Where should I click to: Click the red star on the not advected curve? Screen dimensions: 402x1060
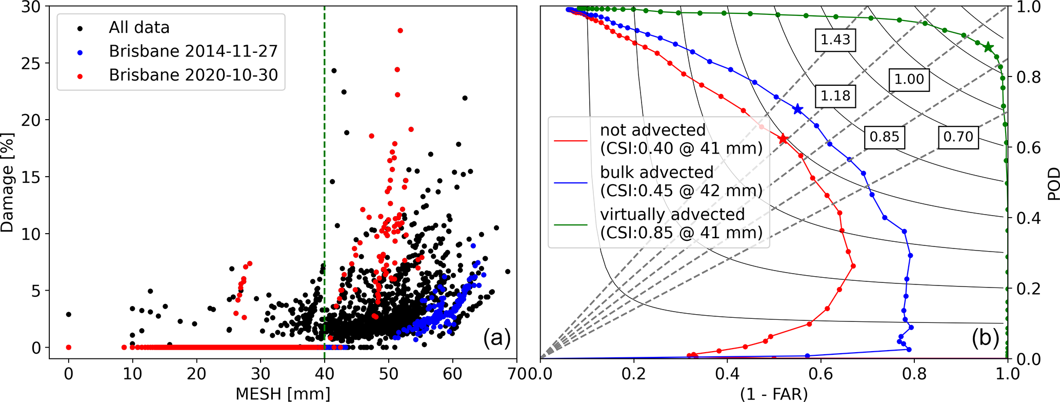point(783,139)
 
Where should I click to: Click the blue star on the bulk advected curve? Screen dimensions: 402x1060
point(797,109)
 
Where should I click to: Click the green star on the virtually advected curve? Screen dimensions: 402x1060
point(988,47)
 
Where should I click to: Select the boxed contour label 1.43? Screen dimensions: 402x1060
point(835,40)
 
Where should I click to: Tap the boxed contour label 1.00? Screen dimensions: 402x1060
point(909,80)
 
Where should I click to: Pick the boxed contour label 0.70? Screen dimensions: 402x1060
point(958,137)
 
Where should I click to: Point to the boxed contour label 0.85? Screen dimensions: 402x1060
point(885,137)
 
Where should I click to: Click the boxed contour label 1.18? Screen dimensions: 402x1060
point(835,96)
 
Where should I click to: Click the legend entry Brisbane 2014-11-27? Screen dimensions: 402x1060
point(193,51)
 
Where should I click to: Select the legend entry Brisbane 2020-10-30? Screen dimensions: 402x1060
point(193,75)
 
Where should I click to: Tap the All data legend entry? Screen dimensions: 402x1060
point(139,28)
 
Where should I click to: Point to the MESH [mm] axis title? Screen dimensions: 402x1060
point(283,394)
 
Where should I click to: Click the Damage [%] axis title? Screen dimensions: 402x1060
point(7,183)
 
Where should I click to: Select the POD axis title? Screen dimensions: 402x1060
point(1053,183)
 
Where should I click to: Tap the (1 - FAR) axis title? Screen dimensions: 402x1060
point(774,394)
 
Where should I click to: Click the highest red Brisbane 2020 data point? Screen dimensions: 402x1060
point(400,31)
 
